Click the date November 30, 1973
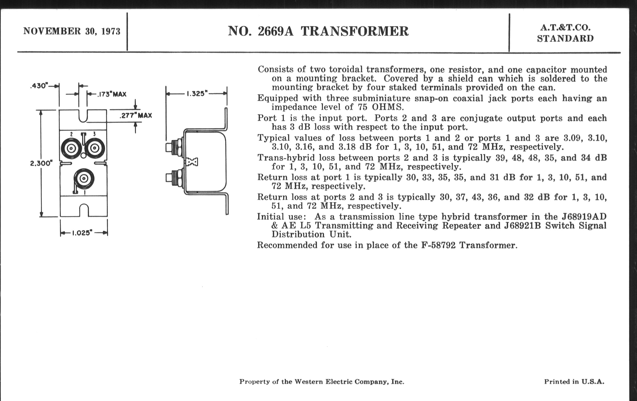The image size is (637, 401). pyautogui.click(x=72, y=31)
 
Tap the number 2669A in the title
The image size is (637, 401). pyautogui.click(x=275, y=31)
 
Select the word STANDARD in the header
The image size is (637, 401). pyautogui.click(x=565, y=39)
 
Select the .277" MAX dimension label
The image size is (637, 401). pyautogui.click(x=136, y=115)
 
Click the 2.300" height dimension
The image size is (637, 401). pyautogui.click(x=41, y=163)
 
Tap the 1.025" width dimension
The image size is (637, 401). pyautogui.click(x=82, y=233)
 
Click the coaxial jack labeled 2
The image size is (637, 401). pyautogui.click(x=71, y=149)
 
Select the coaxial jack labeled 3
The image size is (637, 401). pyautogui.click(x=95, y=149)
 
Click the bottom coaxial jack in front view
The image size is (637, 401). pyautogui.click(x=84, y=179)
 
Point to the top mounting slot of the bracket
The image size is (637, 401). pyautogui.click(x=83, y=116)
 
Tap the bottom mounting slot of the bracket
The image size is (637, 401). pyautogui.click(x=84, y=210)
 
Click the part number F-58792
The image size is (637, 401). pyautogui.click(x=438, y=245)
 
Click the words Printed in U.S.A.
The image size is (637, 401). pyautogui.click(x=574, y=382)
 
